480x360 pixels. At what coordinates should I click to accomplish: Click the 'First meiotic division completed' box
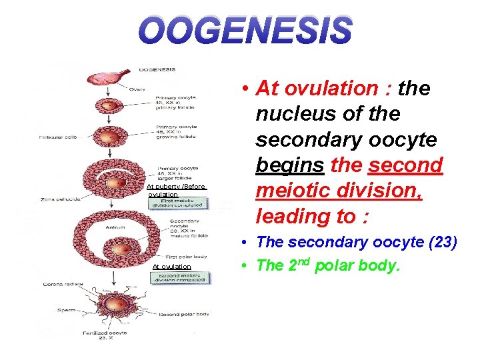pos(177,202)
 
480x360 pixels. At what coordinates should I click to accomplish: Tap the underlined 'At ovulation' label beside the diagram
pos(171,267)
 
